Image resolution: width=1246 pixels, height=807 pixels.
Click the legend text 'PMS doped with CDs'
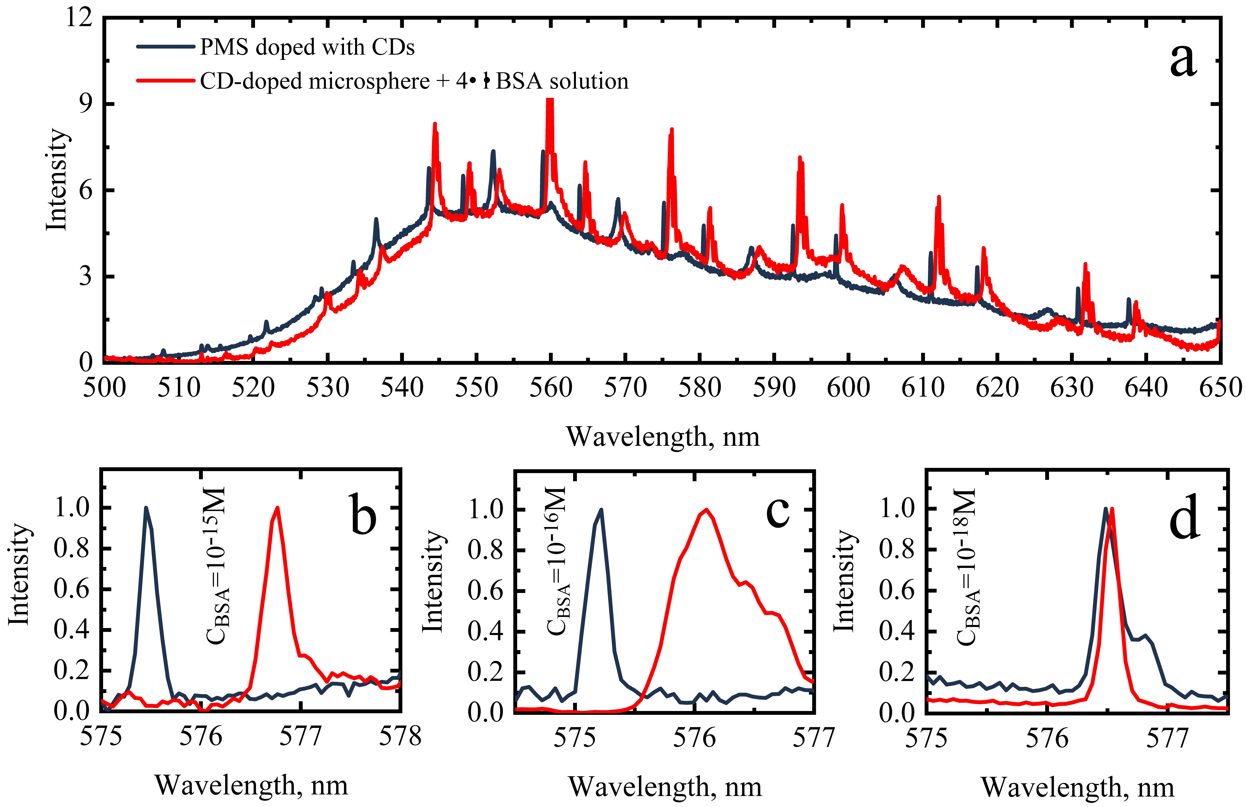click(307, 47)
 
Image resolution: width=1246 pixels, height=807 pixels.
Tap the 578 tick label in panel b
click(400, 736)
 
